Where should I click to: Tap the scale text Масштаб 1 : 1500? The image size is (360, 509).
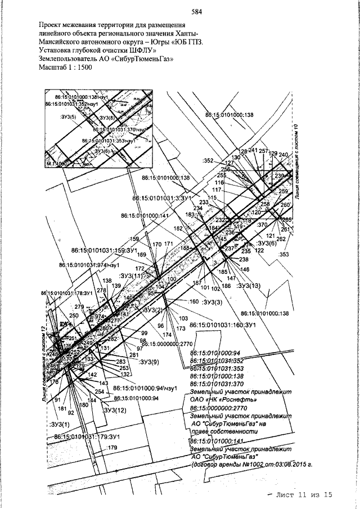tap(66, 66)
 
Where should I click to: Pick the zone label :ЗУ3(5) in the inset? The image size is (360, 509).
tap(69, 119)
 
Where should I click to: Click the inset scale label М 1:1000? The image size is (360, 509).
tap(57, 164)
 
